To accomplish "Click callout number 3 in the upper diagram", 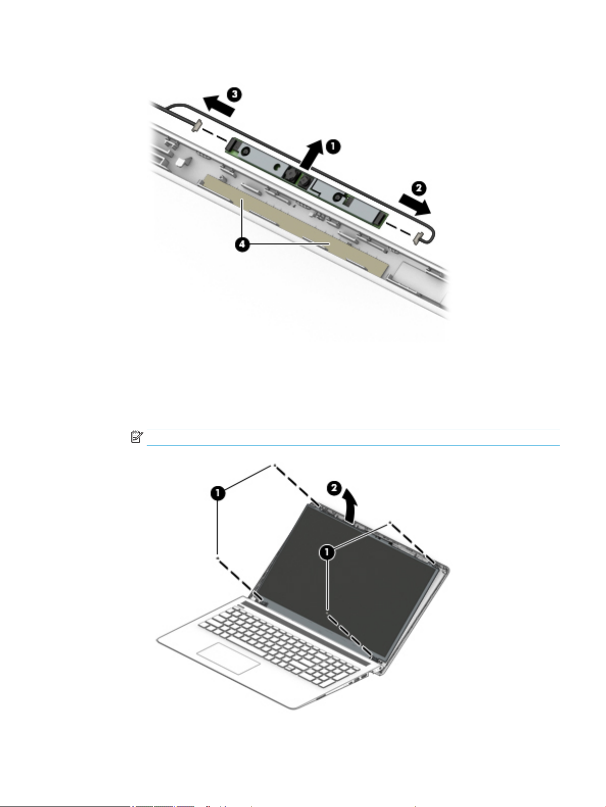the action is (x=234, y=95).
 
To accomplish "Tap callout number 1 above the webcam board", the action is (x=333, y=147).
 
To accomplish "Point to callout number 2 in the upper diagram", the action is (x=419, y=189).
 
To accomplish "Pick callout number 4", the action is (x=242, y=245).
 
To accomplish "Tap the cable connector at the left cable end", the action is (x=196, y=126).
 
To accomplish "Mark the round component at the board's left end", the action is (x=245, y=150).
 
